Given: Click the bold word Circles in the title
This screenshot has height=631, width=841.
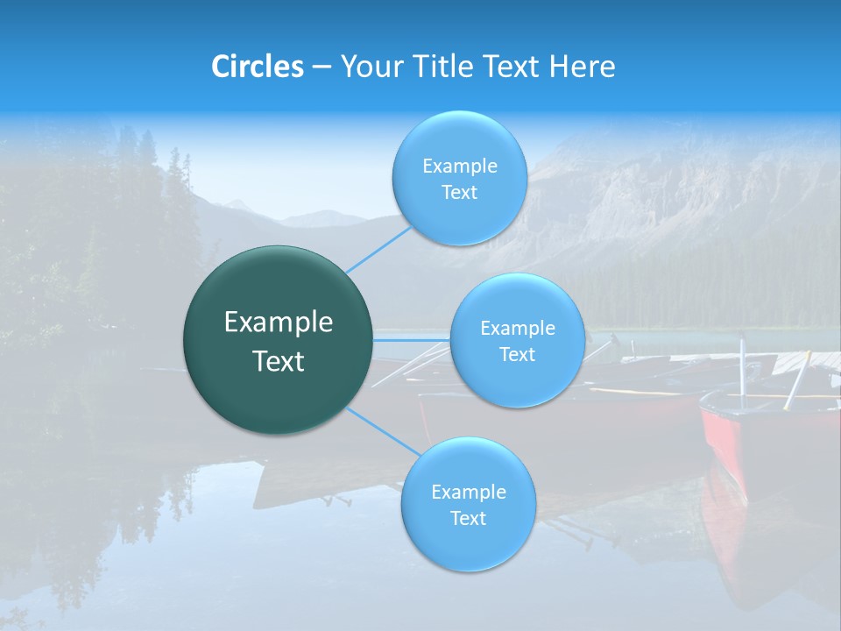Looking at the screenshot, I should [x=258, y=67].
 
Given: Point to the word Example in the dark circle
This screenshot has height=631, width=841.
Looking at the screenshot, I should [x=279, y=323].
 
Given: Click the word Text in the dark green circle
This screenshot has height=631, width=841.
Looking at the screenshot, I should [x=279, y=361].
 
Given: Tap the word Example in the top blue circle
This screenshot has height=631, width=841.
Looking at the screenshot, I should [x=459, y=166].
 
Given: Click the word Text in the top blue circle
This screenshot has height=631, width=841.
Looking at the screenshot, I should [x=459, y=192].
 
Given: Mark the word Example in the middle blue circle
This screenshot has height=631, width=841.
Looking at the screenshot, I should [x=517, y=329].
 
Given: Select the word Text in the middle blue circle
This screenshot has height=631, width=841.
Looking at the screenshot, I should [x=517, y=354].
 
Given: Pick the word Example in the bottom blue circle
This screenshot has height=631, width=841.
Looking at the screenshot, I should [x=468, y=492].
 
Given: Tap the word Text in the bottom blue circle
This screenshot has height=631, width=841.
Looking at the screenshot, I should [x=468, y=518].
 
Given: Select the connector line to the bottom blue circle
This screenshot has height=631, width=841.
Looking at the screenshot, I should [x=384, y=430].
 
